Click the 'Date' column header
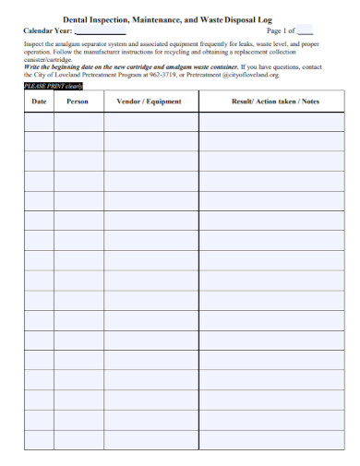tap(38, 102)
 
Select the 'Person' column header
tap(78, 102)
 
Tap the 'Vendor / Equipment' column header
tap(150, 102)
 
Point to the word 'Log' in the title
tap(292, 18)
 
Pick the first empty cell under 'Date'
tap(38, 122)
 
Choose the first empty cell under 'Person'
tap(78, 122)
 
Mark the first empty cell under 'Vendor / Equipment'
tap(150, 122)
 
